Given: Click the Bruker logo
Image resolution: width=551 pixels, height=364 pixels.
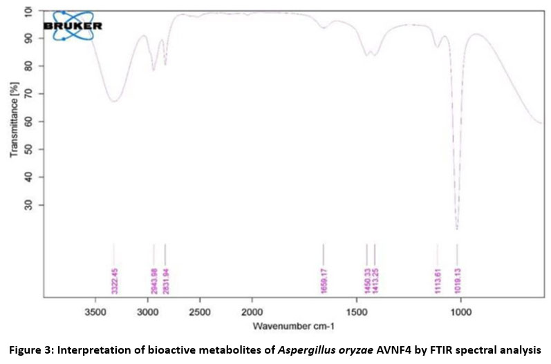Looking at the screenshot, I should [71, 26].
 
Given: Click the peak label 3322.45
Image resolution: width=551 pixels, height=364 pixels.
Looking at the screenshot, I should [115, 279].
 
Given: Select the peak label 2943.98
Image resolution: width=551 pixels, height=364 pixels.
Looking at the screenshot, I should [154, 279].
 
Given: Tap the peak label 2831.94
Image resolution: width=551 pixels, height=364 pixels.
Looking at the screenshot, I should [165, 279].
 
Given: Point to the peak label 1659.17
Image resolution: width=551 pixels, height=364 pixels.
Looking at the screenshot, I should [323, 279].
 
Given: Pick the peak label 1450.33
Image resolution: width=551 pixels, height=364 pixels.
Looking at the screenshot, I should [366, 279].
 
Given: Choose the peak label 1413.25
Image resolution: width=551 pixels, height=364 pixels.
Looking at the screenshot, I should [375, 279].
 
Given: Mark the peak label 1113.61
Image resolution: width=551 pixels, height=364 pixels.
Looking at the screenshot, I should [437, 279].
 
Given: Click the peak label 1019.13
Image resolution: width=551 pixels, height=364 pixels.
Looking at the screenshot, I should [457, 279].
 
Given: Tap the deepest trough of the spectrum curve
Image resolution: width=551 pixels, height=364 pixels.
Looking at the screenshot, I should [457, 228].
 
